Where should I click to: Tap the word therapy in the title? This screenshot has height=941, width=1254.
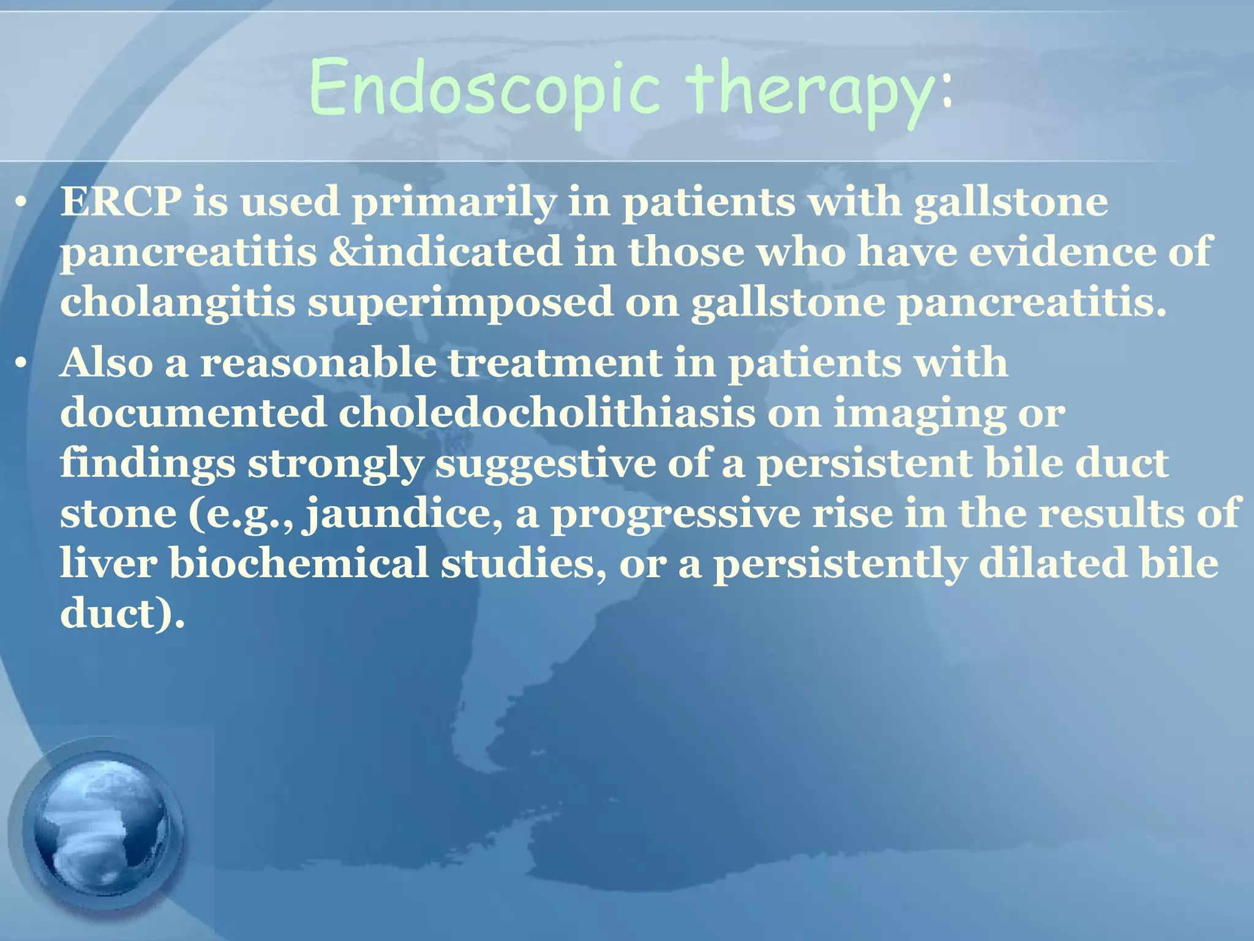tap(808, 92)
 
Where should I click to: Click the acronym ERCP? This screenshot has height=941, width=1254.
tap(121, 202)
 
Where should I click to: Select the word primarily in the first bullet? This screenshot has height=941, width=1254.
tap(453, 203)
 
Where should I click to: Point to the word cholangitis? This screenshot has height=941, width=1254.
tap(178, 303)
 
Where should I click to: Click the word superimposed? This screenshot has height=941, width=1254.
tap(459, 303)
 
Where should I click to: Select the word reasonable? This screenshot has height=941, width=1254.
tap(318, 363)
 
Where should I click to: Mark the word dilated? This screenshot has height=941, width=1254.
tap(1053, 564)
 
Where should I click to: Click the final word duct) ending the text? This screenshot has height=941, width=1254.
tap(122, 614)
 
